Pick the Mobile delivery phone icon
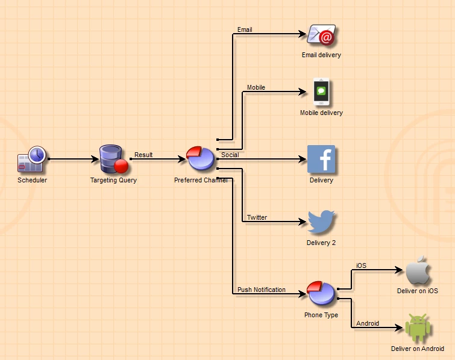point(321,93)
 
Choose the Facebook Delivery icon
point(321,160)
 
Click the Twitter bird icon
point(321,223)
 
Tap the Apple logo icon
point(418,272)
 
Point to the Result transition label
point(143,155)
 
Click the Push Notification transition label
point(262,290)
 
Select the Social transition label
point(230,155)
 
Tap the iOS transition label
point(361,265)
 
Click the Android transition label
point(368,323)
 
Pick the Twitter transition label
point(257,217)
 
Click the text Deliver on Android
point(418,349)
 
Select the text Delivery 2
point(321,243)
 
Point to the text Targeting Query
point(113,180)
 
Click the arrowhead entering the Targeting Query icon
point(96,160)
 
